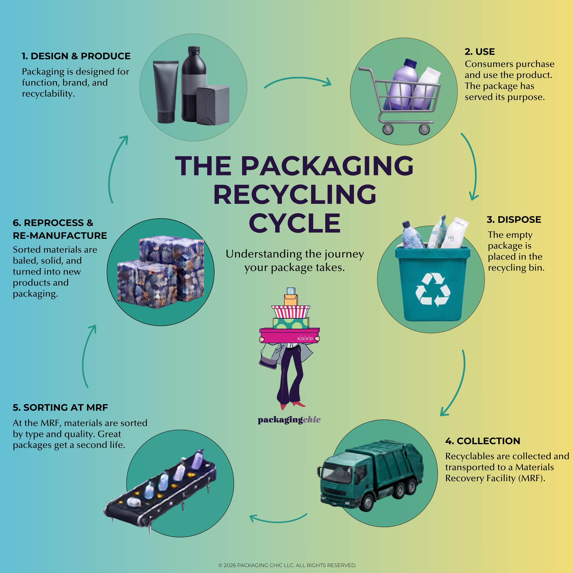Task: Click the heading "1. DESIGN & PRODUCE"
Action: [x=76, y=56]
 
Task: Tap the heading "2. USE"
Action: [x=479, y=52]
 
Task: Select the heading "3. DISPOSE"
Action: [x=514, y=220]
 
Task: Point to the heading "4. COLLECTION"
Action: [x=482, y=441]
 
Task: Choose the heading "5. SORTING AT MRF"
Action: [x=60, y=408]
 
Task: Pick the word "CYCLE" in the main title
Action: [x=295, y=223]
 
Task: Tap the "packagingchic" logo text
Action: [x=289, y=420]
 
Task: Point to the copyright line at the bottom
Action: [x=287, y=565]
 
